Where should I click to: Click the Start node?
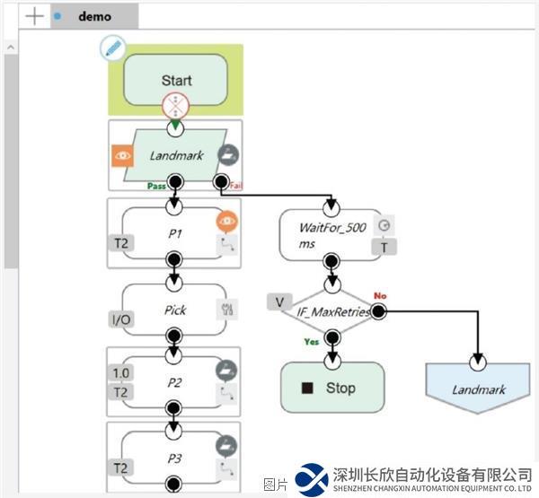pyautogui.click(x=176, y=79)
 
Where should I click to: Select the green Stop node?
pyautogui.click(x=332, y=389)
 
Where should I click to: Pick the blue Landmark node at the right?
pyautogui.click(x=478, y=389)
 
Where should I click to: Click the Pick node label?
pyautogui.click(x=175, y=310)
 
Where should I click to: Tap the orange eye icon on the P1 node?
pyautogui.click(x=227, y=220)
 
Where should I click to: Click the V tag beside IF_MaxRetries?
pyautogui.click(x=279, y=301)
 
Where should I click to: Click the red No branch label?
pyautogui.click(x=380, y=295)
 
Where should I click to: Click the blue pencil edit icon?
pyautogui.click(x=112, y=48)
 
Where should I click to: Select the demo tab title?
pyautogui.click(x=95, y=16)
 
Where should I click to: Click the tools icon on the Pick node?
pyautogui.click(x=227, y=310)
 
